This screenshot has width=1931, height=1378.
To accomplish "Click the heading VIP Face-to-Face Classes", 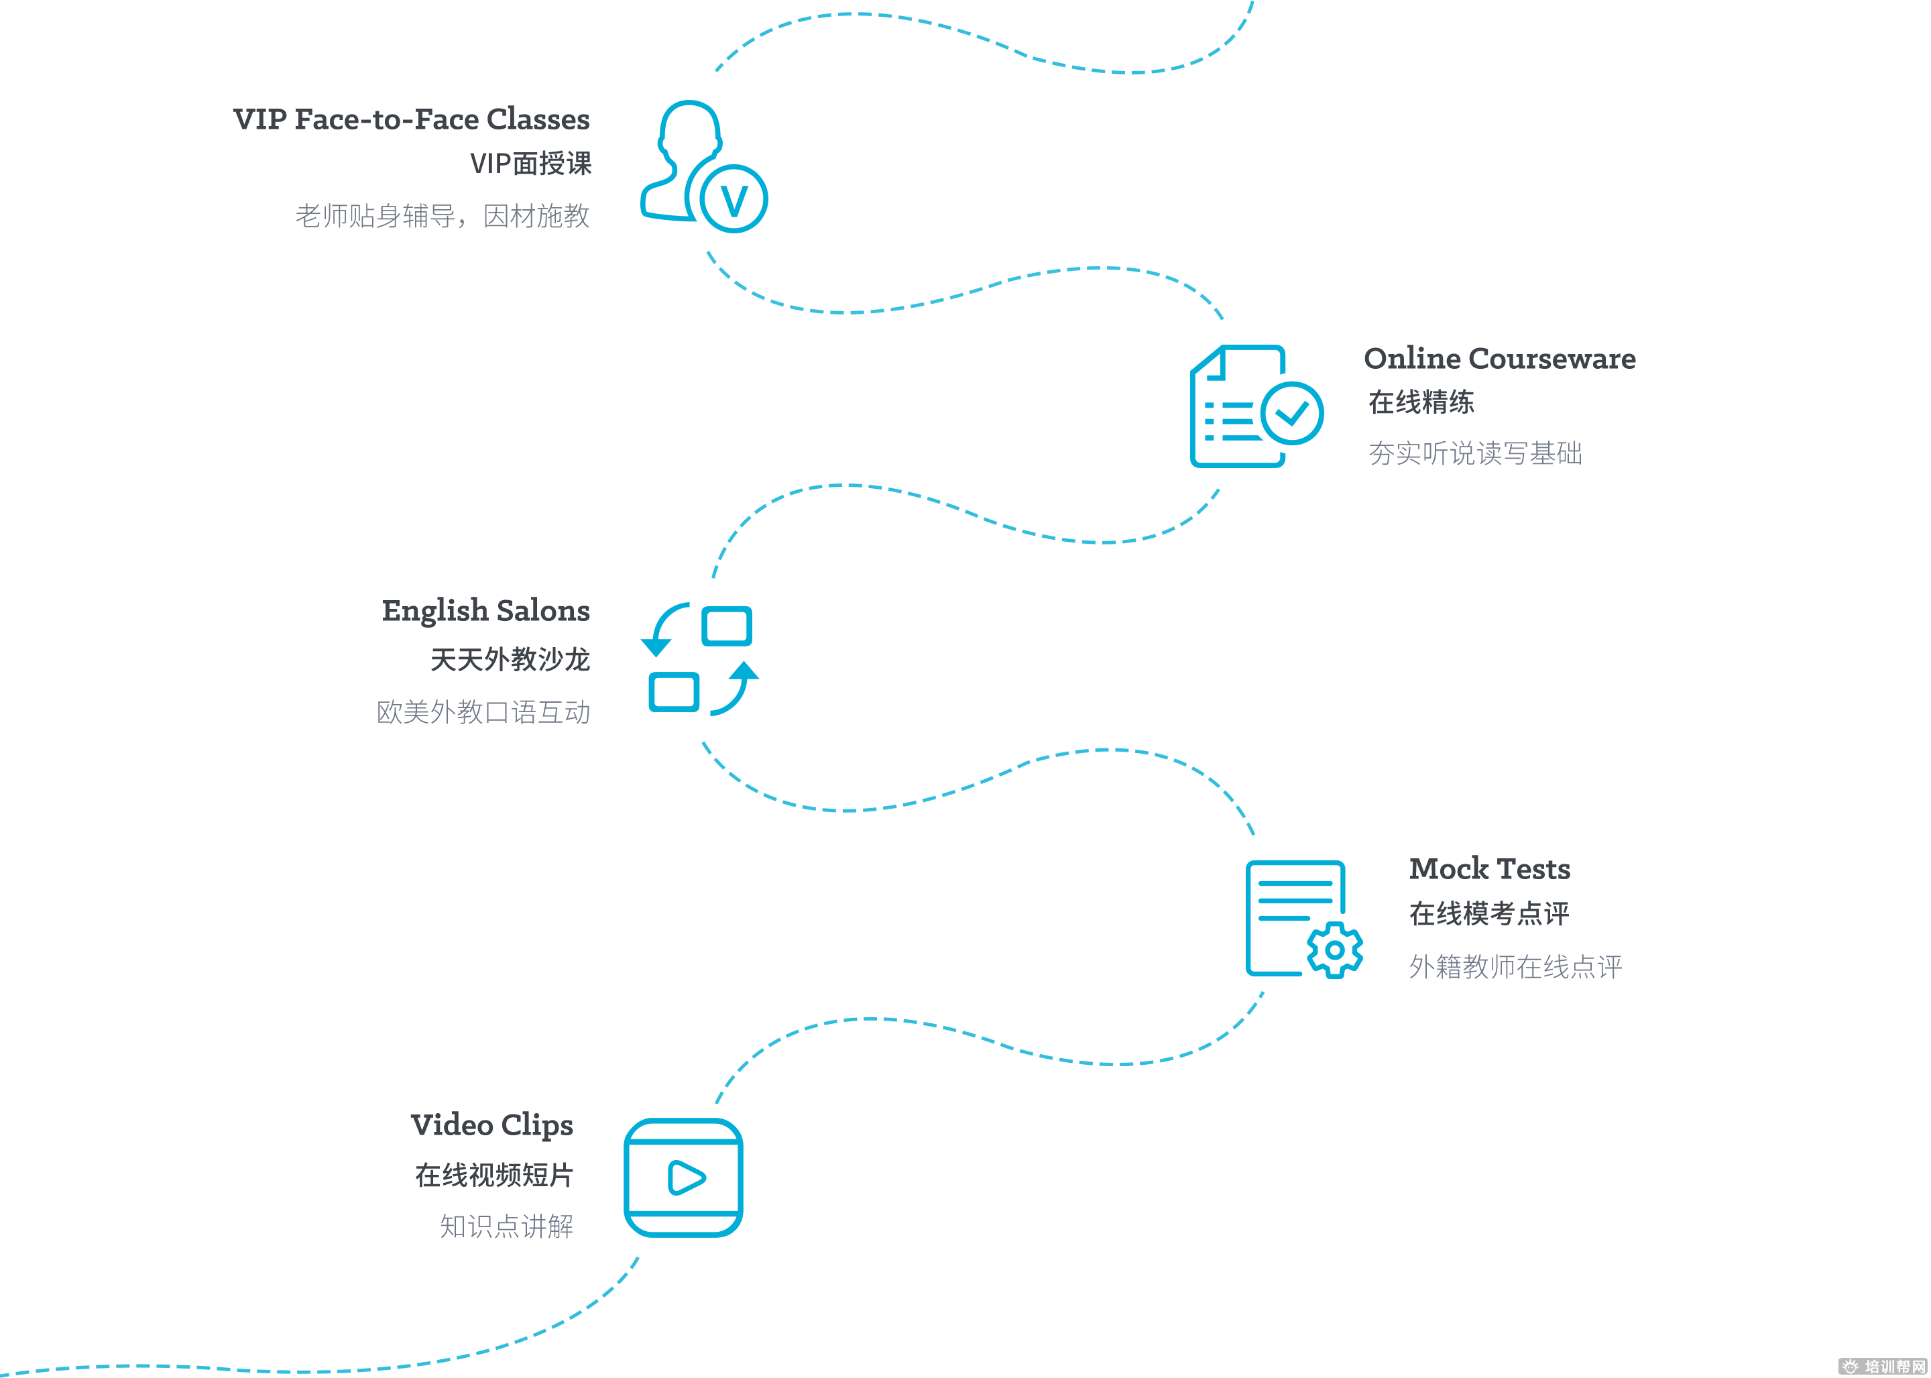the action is click(x=412, y=119).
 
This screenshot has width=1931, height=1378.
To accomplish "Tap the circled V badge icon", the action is click(x=734, y=198).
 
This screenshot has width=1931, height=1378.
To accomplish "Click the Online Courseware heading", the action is click(x=1499, y=359).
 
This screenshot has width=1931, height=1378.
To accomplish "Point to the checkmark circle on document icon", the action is click(x=1292, y=413).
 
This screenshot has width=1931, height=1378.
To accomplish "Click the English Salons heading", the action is click(x=485, y=611).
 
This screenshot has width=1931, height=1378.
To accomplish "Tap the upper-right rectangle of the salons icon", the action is click(x=727, y=626).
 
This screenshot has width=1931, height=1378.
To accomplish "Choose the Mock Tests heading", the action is click(x=1489, y=869).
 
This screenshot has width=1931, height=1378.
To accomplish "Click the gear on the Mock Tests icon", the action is click(x=1334, y=950).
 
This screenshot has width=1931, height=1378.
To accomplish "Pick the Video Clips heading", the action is click(x=491, y=1126).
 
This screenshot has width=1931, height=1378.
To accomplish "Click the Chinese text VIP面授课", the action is click(x=530, y=164).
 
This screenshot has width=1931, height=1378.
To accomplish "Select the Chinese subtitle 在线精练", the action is click(x=1421, y=402).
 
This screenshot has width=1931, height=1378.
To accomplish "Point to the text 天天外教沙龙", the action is click(x=510, y=659).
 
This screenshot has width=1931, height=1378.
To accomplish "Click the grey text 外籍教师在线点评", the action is click(x=1515, y=966).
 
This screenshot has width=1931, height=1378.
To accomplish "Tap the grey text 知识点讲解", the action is click(x=506, y=1226).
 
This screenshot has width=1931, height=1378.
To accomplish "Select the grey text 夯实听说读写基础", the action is click(x=1475, y=453).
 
